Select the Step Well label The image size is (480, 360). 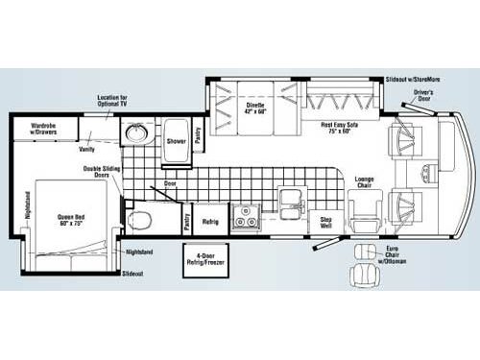pos(326,222)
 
